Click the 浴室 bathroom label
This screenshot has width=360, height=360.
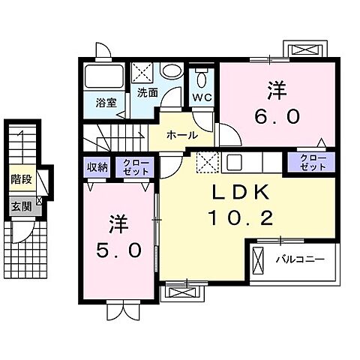pos(106,103)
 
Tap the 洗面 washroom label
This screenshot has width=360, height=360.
pos(147,93)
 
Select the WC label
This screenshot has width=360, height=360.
pos(202,98)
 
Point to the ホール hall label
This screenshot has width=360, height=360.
pos(182,136)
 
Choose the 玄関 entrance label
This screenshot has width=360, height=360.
pos(20,205)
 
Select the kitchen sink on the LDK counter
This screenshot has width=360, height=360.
pos(232,161)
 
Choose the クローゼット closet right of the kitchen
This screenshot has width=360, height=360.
pos(313,162)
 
